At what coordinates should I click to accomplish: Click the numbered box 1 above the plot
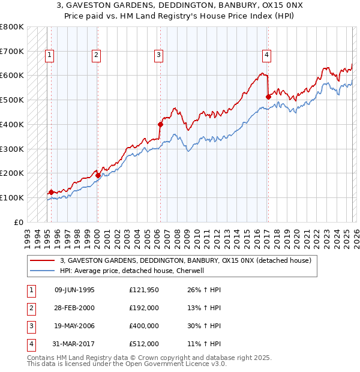pos(49,55)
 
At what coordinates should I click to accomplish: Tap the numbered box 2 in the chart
pos(96,55)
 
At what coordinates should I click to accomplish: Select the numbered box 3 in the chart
pos(158,55)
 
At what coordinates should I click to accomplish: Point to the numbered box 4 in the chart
pos(266,55)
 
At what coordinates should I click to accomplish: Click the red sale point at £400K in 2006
pos(160,124)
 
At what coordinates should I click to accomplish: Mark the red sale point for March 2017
pos(268,97)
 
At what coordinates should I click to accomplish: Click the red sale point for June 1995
pos(51,192)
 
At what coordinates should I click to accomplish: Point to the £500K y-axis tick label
pos(12,100)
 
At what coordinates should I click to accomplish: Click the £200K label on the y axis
pos(12,173)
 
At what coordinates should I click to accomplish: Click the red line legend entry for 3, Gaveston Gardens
pos(185,261)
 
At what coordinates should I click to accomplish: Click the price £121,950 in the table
pos(144,290)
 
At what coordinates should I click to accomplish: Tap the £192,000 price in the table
pos(144,308)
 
